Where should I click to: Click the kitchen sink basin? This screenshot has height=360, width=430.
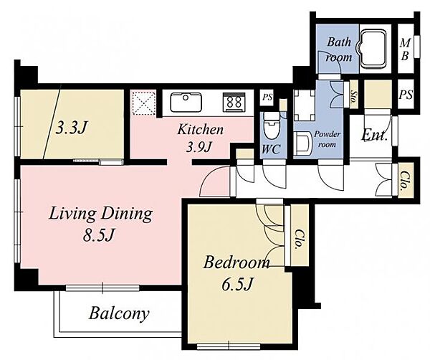tap(186, 102)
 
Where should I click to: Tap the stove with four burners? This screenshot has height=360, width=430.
tap(234, 102)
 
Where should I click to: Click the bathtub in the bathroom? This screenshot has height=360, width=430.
tap(373, 49)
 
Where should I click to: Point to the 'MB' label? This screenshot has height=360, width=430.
tap(405, 49)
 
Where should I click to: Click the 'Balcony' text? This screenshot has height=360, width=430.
tap(119, 313)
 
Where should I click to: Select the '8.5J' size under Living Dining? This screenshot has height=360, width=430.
tap(98, 235)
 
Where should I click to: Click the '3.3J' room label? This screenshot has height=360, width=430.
tap(71, 128)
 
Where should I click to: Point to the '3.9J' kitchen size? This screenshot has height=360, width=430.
tap(199, 148)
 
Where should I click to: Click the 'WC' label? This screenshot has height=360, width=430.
tap(271, 149)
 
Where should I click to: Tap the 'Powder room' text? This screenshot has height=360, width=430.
tap(327, 139)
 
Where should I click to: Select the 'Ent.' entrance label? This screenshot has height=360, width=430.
tap(374, 136)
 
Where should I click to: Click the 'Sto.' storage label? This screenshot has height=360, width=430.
tap(354, 99)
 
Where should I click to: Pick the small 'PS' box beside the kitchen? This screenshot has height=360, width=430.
tap(267, 97)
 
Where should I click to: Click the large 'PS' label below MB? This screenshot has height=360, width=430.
tap(406, 95)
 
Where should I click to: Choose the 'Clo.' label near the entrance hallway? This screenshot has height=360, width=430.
tap(403, 181)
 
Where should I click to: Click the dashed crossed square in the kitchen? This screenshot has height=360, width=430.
tap(144, 103)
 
